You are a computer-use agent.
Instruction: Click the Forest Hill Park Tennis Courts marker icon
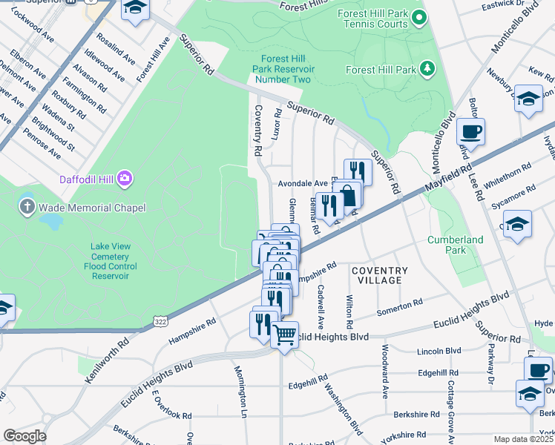(x=419, y=18)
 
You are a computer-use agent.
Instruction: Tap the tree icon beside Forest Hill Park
(x=427, y=70)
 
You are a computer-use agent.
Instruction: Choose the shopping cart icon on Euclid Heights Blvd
(x=284, y=335)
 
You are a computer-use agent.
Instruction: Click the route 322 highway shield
(x=160, y=320)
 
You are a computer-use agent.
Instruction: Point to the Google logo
(x=24, y=435)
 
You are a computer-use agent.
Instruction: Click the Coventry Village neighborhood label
(x=379, y=275)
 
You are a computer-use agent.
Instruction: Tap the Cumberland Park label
(x=456, y=245)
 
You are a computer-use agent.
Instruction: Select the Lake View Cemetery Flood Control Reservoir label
(x=110, y=261)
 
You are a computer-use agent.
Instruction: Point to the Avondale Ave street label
(x=302, y=183)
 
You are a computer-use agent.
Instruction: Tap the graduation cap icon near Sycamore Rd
(x=516, y=224)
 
